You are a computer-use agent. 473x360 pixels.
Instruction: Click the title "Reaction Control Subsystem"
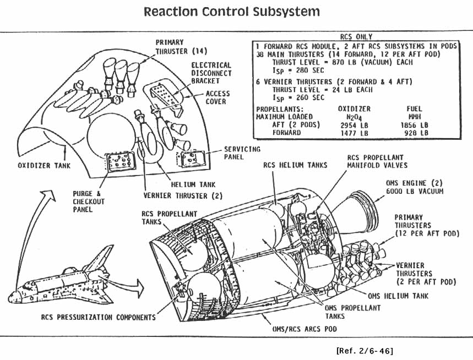(x=231, y=12)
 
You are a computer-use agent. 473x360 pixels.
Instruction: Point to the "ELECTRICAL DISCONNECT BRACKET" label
(x=211, y=73)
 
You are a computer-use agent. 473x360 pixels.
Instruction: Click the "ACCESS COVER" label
(x=218, y=97)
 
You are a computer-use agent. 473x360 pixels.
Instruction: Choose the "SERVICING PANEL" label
(x=242, y=153)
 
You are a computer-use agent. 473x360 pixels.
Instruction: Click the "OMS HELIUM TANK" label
(x=398, y=296)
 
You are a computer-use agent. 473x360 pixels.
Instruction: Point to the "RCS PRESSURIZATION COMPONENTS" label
(x=98, y=317)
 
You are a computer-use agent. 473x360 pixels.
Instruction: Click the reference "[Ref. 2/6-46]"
(x=364, y=350)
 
